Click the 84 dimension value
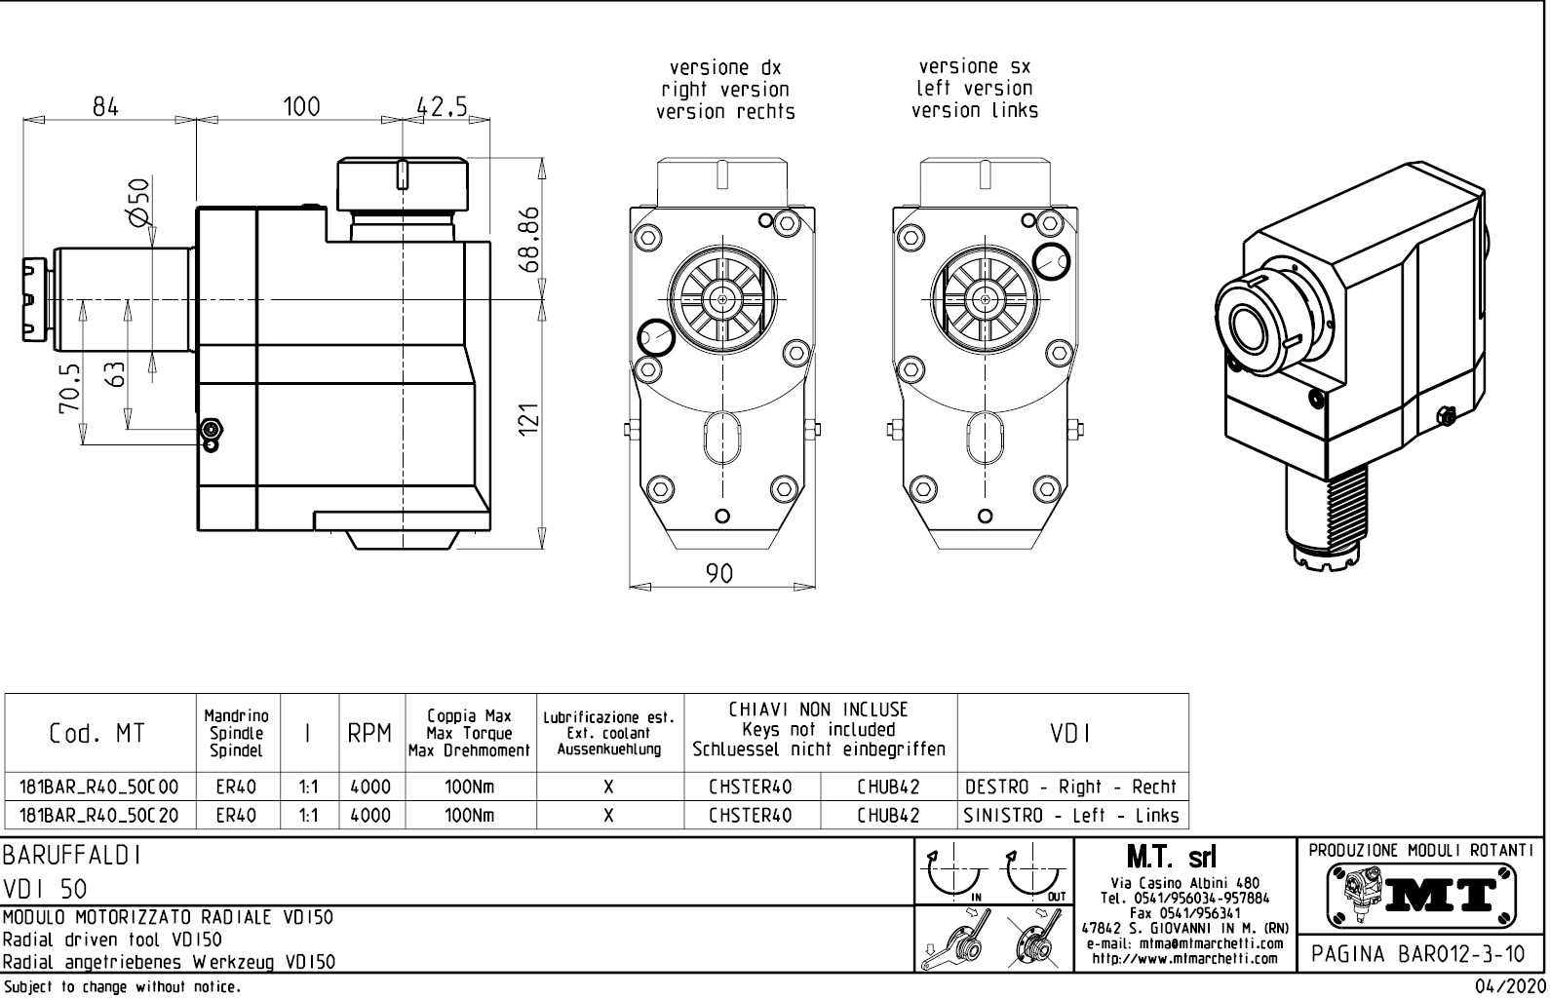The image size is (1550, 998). pos(105,106)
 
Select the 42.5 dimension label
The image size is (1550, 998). pos(442,106)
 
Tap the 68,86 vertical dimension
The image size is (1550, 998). pos(528,240)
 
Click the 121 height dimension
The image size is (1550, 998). pos(528,420)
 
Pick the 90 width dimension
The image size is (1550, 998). pos(719,574)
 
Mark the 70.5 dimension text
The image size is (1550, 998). pos(69,389)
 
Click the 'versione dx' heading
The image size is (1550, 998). pos(725,68)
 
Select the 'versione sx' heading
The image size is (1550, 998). pos(974,67)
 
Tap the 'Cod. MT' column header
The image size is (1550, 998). pos(97,734)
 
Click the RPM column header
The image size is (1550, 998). pos(369,734)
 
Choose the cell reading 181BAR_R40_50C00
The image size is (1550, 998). pos(99,787)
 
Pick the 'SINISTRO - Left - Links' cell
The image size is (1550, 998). pos(1071,816)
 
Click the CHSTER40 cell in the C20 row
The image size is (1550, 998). pos(750,816)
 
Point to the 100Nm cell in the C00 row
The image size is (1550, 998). pos(469,787)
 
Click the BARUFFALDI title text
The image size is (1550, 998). pos(72,856)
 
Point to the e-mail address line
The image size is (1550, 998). pos(1184,943)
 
